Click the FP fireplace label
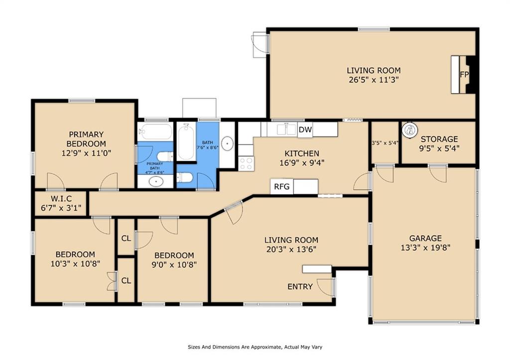point(464,75)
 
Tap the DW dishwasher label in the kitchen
point(305,130)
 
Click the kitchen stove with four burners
point(246,163)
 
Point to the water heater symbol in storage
point(410,130)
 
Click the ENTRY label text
point(300,287)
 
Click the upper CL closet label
point(126,238)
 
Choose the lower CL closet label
point(126,280)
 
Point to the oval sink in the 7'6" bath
point(227,144)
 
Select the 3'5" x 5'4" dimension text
point(384,143)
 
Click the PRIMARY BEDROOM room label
point(86,139)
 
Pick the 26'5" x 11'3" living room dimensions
point(374,80)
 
